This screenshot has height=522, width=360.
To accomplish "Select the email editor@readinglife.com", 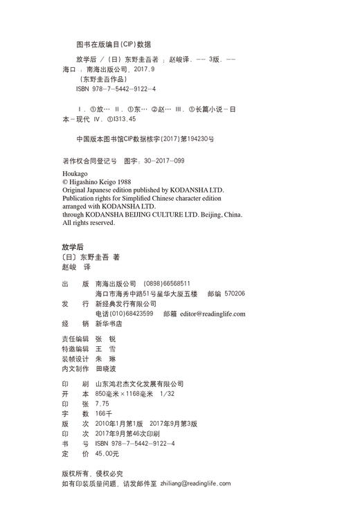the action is coord(213,314).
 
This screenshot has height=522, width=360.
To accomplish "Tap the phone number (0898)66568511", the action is coord(166,283).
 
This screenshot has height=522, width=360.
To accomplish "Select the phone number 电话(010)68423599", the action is coord(125,314).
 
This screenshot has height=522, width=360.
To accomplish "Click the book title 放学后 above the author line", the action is coord(72,246).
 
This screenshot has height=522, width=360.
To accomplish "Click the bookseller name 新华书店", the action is coord(109,323).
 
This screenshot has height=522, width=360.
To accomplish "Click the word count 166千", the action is coord(105,413).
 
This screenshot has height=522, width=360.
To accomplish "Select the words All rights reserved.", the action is coord(89,223).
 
